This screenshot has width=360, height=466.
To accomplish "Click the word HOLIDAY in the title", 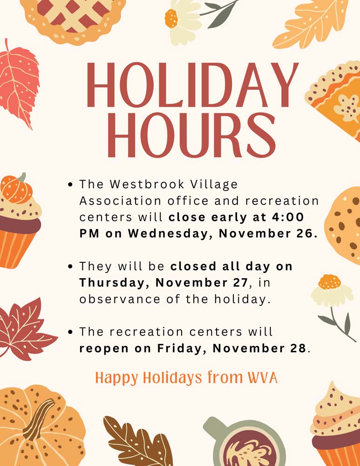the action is [192, 84].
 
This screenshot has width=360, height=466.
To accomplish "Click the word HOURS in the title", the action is [192, 135].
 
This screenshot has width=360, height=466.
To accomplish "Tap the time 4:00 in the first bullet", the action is [287, 217].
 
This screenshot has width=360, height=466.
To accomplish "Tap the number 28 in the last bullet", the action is [298, 348].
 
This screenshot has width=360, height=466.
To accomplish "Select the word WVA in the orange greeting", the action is [263, 377].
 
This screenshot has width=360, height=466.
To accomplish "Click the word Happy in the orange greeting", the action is [117, 378].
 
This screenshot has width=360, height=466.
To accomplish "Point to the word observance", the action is [120, 299].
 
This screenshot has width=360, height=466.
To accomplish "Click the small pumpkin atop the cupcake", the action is [16, 188].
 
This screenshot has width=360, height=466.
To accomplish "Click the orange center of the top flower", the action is [171, 19].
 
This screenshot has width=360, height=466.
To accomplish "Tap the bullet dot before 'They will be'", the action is [70, 267].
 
